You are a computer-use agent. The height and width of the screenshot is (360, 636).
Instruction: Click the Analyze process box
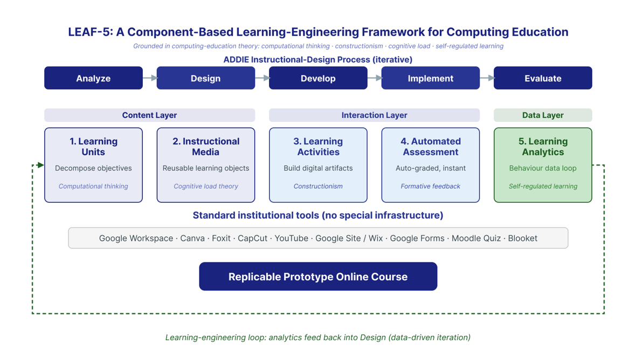[93, 78]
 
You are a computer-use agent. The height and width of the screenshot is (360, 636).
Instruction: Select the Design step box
[206, 78]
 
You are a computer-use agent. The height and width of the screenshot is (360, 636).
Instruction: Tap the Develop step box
[318, 78]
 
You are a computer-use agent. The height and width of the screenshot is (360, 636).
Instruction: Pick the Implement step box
[430, 78]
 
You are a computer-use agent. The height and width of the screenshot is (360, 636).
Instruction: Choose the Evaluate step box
[543, 78]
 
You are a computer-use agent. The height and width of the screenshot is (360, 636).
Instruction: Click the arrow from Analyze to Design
[150, 78]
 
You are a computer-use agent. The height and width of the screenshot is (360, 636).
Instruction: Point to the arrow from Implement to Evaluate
[487, 78]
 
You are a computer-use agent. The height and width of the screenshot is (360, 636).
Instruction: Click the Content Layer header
[150, 115]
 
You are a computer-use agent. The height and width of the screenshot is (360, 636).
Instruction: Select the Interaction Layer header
[375, 115]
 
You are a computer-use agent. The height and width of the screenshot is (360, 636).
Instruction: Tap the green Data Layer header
[543, 115]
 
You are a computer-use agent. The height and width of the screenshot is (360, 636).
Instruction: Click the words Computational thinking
[93, 186]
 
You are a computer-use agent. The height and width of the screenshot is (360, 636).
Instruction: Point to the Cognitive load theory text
[206, 186]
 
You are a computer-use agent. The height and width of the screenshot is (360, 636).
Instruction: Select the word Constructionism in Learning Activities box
[318, 186]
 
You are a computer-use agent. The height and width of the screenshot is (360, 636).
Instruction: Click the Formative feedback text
[430, 186]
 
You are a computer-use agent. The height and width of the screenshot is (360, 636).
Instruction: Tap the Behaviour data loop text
[543, 168]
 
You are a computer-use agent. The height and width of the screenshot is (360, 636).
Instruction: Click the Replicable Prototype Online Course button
[318, 276]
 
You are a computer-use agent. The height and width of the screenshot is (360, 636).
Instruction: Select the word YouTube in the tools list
[291, 238]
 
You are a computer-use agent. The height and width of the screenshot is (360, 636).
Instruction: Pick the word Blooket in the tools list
[522, 238]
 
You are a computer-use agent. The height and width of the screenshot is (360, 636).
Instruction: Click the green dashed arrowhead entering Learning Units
[40, 165]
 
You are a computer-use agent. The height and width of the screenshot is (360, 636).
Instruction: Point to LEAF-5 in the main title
[89, 32]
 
